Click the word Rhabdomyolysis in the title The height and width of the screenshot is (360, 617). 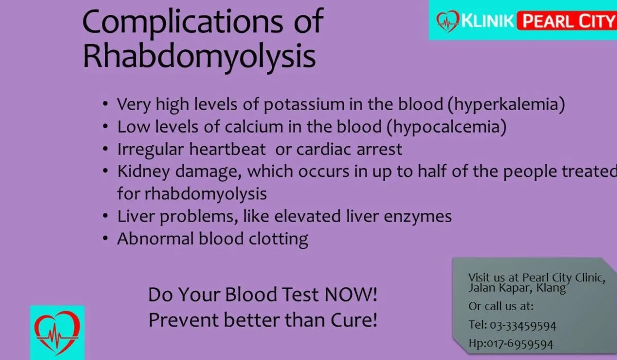[x=199, y=57]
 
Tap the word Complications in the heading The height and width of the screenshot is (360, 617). [x=183, y=22]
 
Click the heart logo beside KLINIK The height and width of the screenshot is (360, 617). [x=448, y=21]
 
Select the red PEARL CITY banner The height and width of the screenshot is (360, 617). [x=567, y=21]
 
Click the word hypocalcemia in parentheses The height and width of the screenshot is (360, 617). [x=446, y=127]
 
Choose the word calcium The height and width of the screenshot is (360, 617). [x=254, y=127]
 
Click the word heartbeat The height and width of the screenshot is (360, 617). [x=227, y=149]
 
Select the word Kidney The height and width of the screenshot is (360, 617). [x=143, y=172]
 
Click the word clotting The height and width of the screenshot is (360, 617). [x=278, y=239]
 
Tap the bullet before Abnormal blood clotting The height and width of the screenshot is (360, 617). [x=105, y=238]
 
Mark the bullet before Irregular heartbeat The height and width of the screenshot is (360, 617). [x=105, y=149]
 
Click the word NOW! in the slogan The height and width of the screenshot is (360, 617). [x=351, y=295]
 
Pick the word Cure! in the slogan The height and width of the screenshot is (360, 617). [x=354, y=320]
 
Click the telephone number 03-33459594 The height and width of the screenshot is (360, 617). [x=523, y=326]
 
